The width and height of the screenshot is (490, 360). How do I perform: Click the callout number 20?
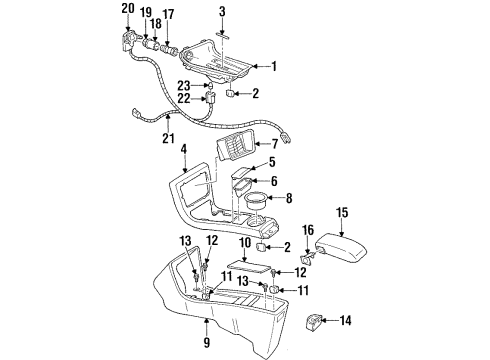tap(127, 9)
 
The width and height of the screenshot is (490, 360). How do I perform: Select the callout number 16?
tap(307, 257)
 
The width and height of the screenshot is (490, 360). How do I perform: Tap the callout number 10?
tap(244, 270)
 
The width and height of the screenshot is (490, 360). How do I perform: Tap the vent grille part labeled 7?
tap(237, 152)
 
